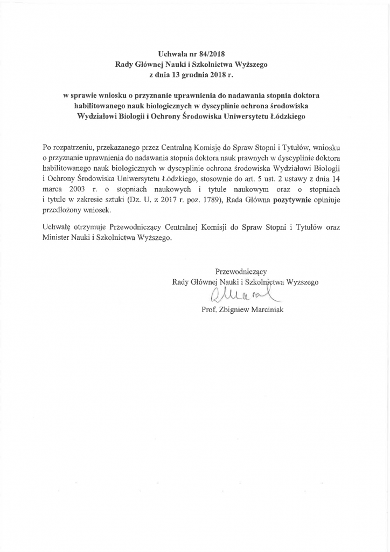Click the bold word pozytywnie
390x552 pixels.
coord(296,200)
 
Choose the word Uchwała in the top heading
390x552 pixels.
coord(171,54)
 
